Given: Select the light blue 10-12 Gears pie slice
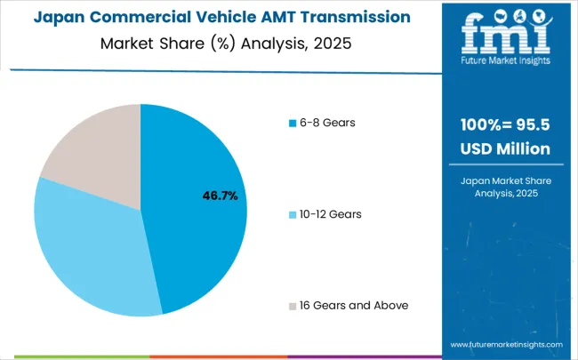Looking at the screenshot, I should tap(89, 249).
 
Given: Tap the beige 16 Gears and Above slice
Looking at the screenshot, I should tap(93, 151).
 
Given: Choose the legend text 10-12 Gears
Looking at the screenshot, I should tap(332, 213).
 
